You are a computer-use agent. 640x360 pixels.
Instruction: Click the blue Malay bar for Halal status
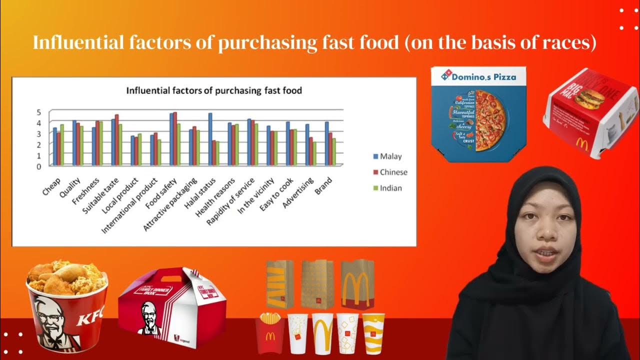click(x=210, y=139)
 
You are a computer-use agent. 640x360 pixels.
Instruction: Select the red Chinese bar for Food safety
click(x=175, y=138)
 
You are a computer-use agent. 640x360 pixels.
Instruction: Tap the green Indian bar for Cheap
click(x=62, y=144)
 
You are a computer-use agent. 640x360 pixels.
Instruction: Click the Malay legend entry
click(x=390, y=156)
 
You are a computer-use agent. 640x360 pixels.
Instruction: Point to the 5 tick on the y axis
click(x=38, y=112)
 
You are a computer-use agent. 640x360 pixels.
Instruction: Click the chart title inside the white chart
click(x=213, y=91)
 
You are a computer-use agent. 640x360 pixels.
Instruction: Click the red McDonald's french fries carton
click(x=270, y=332)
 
